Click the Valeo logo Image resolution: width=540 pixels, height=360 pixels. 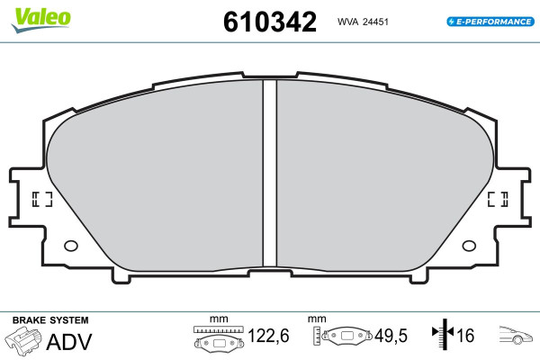coord(41,19)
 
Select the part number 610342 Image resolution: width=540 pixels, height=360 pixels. coord(270,22)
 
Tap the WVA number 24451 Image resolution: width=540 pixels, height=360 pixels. coord(375,22)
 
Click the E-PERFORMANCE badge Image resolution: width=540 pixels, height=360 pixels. coord(490,22)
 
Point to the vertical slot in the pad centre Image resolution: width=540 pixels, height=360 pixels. coord(270,173)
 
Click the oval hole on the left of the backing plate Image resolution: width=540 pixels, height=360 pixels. coord(71,246)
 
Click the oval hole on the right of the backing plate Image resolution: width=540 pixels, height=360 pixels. coord(469,246)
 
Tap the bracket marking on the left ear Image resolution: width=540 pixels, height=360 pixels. coord(42,199)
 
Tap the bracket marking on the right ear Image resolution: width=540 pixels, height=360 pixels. coord(498,199)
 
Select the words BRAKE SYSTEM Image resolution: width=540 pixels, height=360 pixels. coord(50,320)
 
